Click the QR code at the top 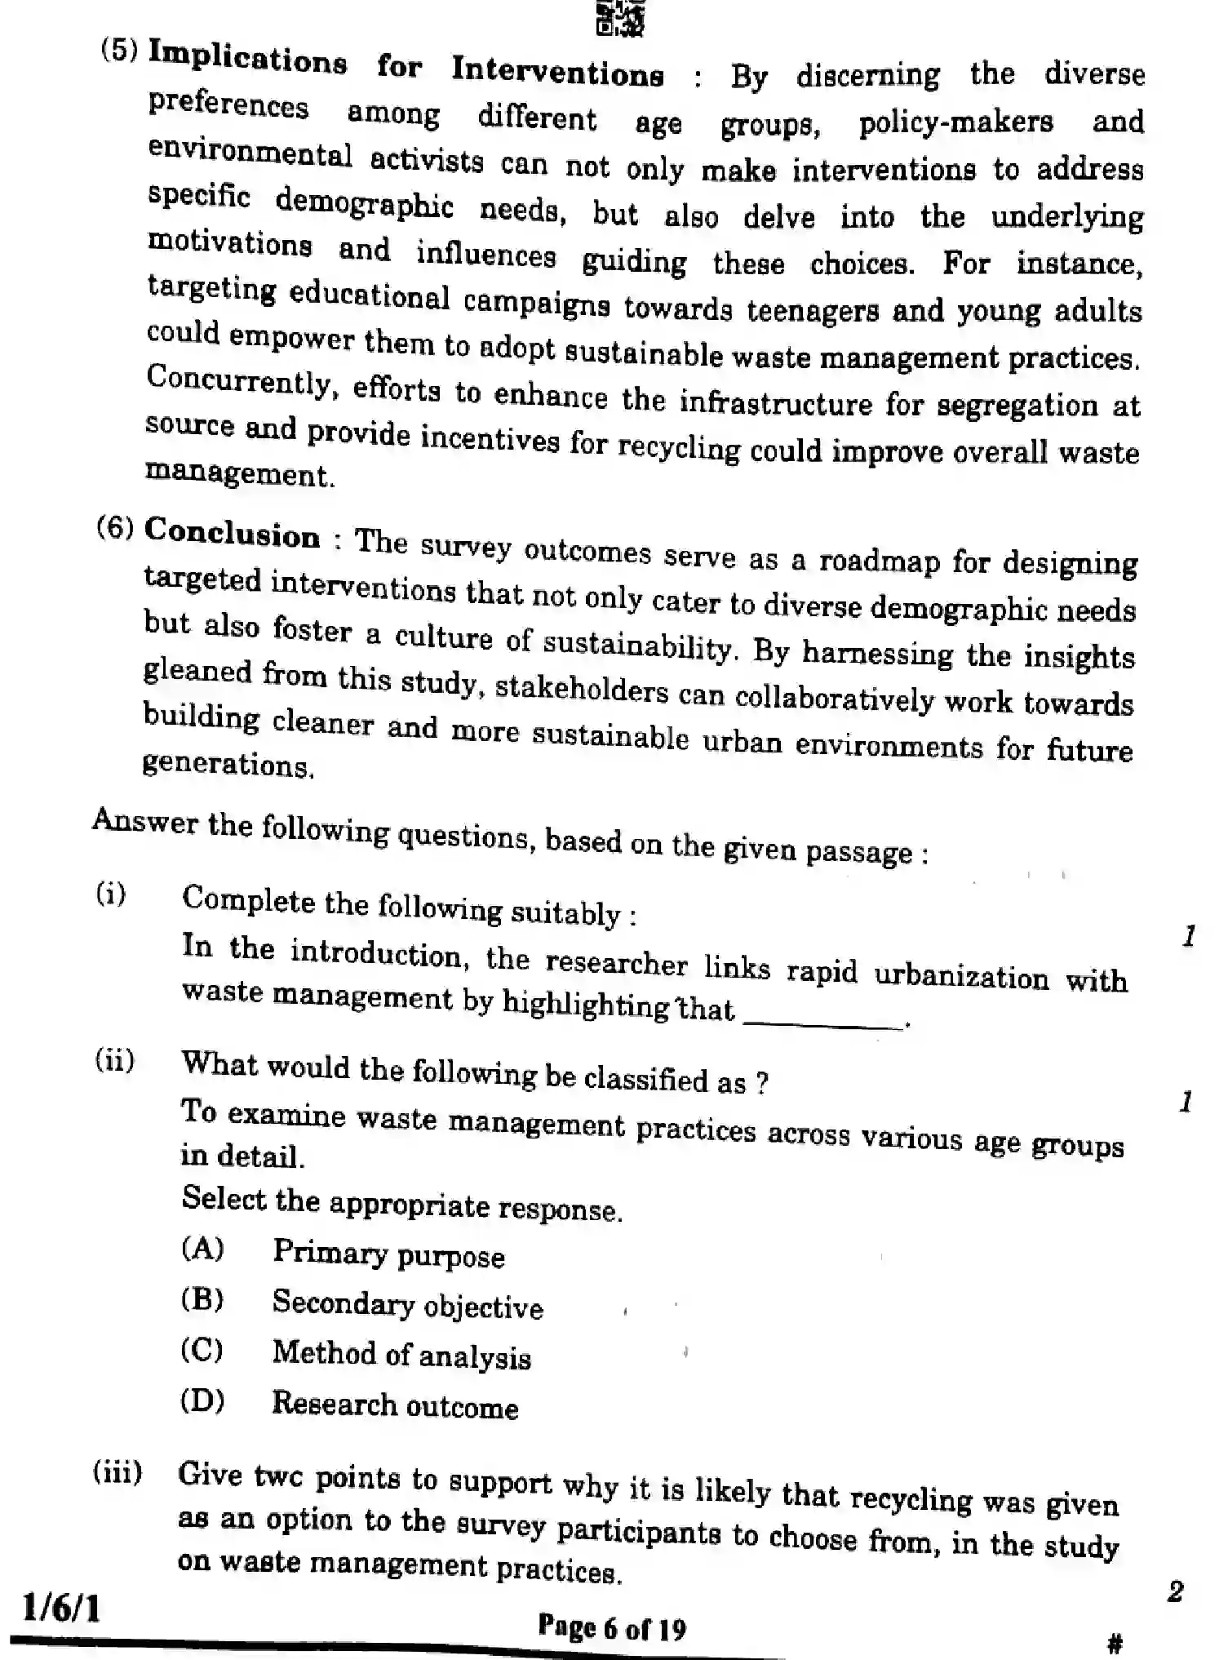point(621,18)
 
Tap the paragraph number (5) point(120,51)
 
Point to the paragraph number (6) point(115,527)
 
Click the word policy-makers point(955,123)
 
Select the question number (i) point(111,894)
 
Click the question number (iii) point(117,1472)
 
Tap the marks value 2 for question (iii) point(1175,1591)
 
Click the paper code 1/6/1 point(61,1609)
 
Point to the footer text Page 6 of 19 point(612,1628)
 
